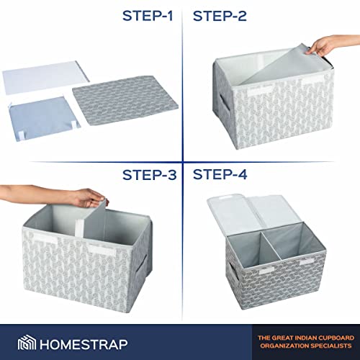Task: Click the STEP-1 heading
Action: coord(148,16)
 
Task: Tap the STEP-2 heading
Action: coord(220,16)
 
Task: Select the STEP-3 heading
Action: coord(149,175)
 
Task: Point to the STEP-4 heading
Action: coord(220,174)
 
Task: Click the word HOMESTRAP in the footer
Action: coord(84,345)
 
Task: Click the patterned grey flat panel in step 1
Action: coord(125,100)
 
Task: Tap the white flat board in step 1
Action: coord(45,76)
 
